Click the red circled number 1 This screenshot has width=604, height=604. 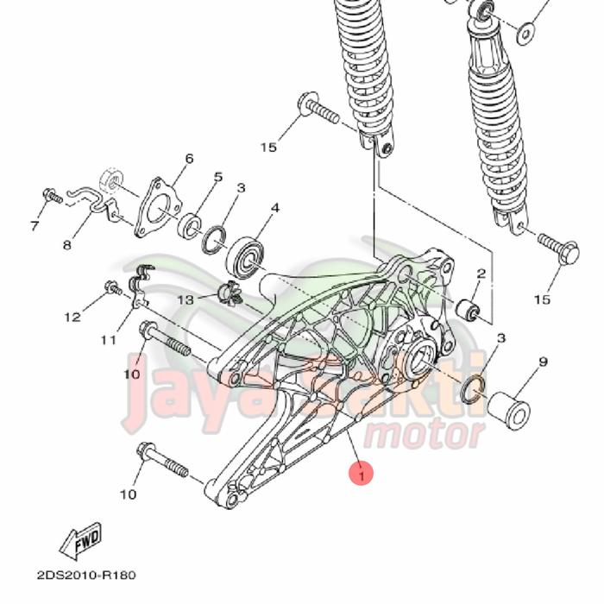coord(362,473)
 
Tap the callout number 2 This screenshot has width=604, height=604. coord(481,274)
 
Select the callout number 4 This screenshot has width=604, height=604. coord(275,208)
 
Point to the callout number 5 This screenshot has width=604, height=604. coord(217,178)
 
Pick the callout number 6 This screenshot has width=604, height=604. coord(189,159)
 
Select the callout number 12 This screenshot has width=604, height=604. coord(72,318)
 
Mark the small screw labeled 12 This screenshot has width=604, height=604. coord(112,287)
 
